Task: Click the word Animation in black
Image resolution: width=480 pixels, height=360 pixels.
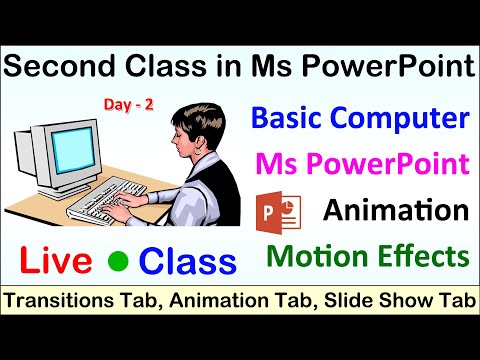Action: point(396,211)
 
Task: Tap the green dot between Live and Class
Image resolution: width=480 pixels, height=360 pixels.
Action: point(118,263)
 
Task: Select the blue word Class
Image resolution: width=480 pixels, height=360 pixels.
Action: point(189,261)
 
